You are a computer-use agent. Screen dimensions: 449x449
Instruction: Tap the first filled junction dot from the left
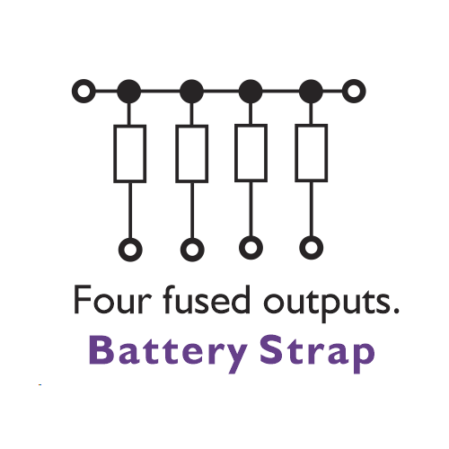tap(128, 92)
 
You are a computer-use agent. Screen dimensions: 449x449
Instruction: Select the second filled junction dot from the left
tap(191, 92)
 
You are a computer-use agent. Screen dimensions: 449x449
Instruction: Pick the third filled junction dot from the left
tap(251, 92)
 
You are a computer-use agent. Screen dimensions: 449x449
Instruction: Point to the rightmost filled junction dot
tap(311, 92)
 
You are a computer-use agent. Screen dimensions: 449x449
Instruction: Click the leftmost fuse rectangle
tap(115, 154)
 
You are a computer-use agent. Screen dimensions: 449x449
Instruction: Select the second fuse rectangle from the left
tap(177, 154)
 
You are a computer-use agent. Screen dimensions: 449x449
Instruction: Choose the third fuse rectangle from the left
tap(236, 153)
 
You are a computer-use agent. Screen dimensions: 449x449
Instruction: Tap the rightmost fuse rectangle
tap(296, 153)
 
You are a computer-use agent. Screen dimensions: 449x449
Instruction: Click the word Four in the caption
tap(112, 300)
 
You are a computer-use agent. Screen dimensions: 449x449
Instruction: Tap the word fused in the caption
tap(207, 299)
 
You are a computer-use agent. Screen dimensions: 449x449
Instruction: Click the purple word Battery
tap(169, 353)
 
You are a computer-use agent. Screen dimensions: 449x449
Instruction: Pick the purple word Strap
tap(317, 354)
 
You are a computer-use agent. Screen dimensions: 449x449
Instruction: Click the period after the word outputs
tap(396, 311)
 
